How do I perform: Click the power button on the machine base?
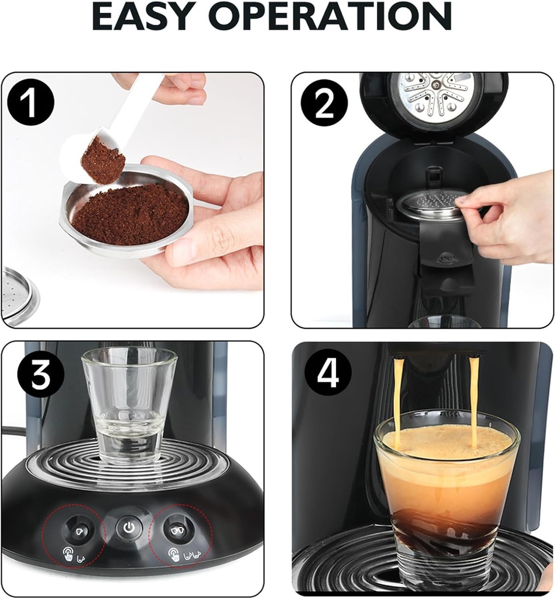tap(128, 528)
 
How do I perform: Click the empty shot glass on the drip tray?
tap(129, 404)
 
